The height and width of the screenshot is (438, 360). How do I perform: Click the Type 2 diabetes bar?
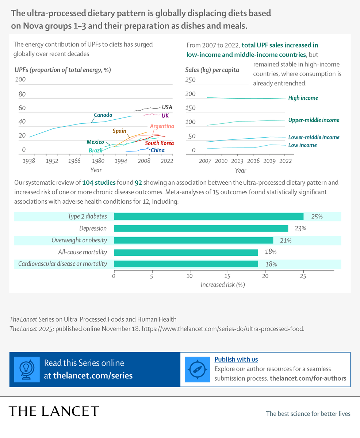208,216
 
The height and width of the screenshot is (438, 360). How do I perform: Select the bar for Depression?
201,228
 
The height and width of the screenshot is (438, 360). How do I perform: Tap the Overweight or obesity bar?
194,240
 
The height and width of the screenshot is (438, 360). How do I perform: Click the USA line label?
167,107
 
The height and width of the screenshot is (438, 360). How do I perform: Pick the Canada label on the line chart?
103,115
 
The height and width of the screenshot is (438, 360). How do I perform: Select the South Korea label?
160,143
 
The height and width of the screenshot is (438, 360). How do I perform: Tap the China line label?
157,150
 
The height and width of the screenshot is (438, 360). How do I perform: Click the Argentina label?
162,126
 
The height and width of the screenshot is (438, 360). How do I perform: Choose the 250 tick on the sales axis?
191,80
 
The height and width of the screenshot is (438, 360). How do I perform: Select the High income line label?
303,98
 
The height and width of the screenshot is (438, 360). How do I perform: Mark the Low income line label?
302,145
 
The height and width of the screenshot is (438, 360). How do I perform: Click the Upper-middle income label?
314,120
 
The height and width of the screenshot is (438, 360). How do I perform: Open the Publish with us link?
236,360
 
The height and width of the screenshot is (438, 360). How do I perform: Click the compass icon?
198,369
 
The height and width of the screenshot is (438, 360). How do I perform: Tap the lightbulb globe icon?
27,369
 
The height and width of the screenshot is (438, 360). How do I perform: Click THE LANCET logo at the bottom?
54,411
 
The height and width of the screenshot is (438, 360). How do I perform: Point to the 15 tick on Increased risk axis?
228,276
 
